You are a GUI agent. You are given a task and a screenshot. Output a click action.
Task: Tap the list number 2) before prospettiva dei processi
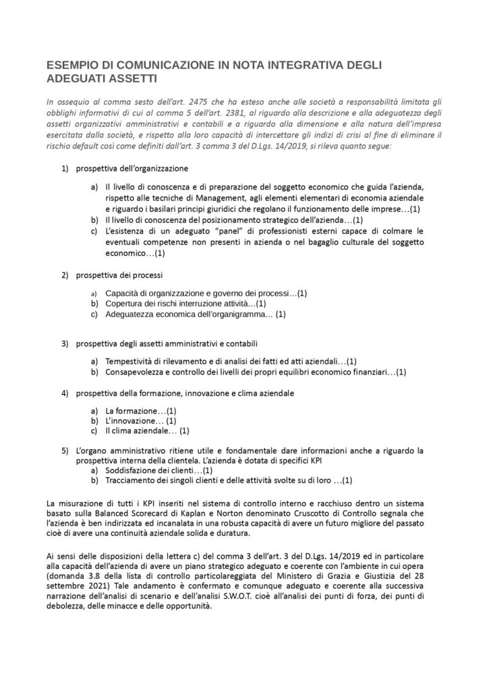pyautogui.click(x=65, y=275)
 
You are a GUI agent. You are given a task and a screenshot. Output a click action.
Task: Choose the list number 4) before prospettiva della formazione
pyautogui.click(x=65, y=392)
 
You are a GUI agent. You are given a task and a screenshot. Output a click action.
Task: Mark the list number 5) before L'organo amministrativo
pyautogui.click(x=65, y=449)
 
